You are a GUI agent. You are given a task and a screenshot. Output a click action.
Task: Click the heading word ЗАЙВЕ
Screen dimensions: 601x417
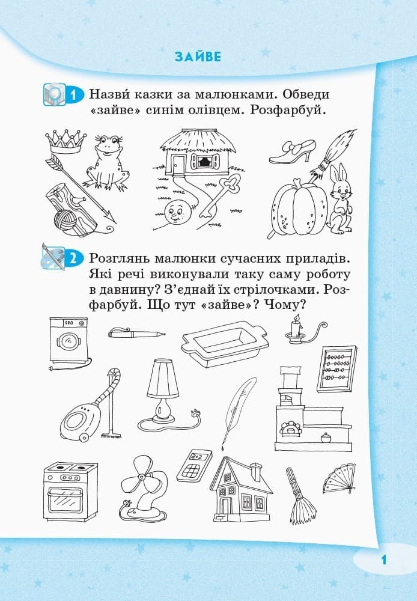tap(198, 57)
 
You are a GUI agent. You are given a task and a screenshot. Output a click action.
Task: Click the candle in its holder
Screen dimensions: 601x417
tap(296, 329)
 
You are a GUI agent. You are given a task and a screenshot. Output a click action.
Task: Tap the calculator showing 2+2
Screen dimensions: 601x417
tap(193, 463)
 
